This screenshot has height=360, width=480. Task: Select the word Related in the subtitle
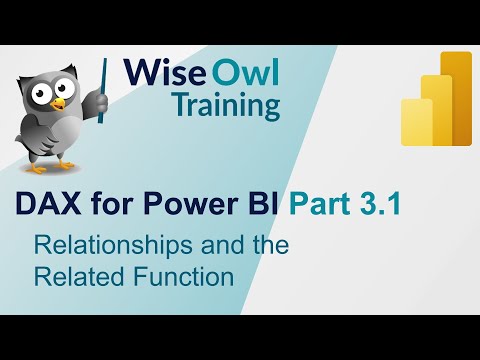pyautogui.click(x=72, y=274)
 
